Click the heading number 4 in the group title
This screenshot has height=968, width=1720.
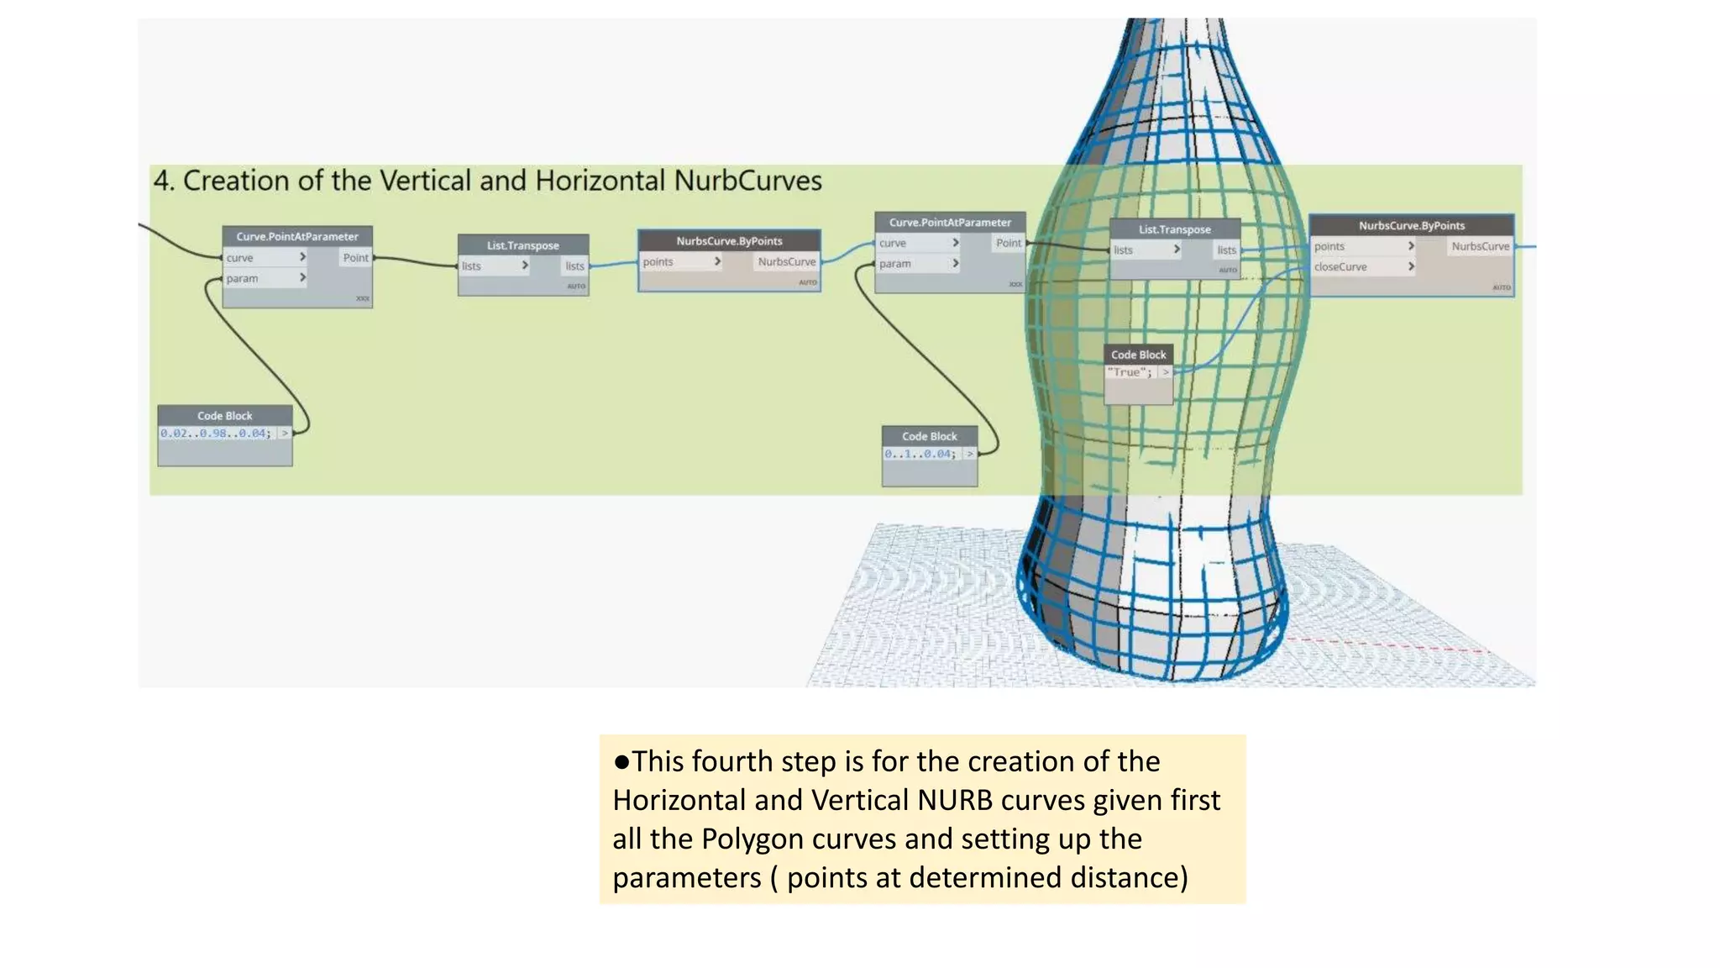click(162, 181)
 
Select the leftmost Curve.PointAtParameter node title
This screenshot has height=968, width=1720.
click(296, 237)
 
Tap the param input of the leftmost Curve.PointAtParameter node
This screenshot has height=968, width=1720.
click(242, 278)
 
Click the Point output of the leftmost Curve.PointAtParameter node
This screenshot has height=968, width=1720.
click(355, 258)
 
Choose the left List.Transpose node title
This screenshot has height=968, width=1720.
click(522, 245)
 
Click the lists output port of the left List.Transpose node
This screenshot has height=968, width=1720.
click(574, 266)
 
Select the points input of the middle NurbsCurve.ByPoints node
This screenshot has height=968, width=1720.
click(658, 262)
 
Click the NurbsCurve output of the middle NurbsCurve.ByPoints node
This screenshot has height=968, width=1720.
click(786, 262)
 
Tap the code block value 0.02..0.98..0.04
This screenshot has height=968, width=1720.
click(216, 434)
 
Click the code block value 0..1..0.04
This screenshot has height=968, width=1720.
click(920, 454)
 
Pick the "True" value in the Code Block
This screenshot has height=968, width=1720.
click(1129, 372)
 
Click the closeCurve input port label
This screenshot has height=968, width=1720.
click(1340, 267)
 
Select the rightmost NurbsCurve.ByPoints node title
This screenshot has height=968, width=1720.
click(1411, 225)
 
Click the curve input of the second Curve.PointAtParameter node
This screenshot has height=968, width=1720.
click(893, 243)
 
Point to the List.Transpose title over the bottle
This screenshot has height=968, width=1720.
click(1174, 229)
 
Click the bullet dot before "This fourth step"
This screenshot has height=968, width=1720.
click(621, 761)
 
